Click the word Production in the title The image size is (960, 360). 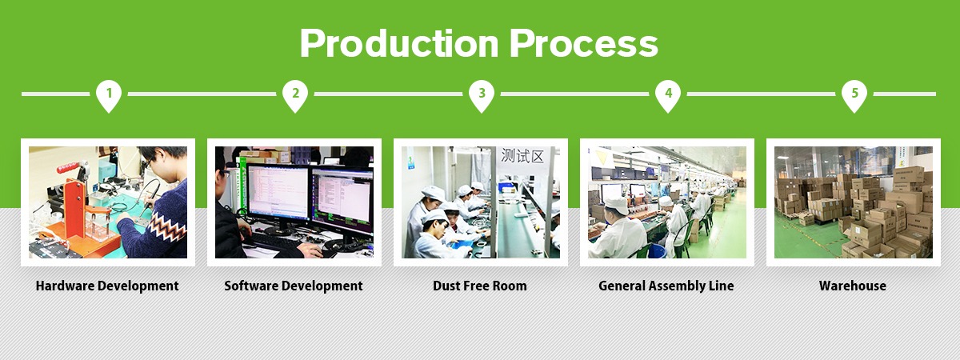[399, 43]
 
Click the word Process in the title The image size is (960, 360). [584, 43]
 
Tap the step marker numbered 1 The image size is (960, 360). [109, 96]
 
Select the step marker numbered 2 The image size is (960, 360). [295, 96]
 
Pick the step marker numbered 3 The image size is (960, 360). [482, 96]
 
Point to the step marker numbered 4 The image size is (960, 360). [668, 96]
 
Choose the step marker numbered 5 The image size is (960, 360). [854, 96]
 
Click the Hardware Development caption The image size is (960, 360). [107, 286]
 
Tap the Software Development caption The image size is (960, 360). [294, 286]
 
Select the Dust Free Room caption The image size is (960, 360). [480, 286]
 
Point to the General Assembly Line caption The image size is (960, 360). [666, 286]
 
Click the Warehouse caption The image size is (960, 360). [853, 286]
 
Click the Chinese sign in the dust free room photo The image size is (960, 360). [522, 155]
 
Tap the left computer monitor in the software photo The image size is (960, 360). [278, 193]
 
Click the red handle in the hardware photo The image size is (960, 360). [70, 167]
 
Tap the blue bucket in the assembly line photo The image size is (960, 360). [657, 250]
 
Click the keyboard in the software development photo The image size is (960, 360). [274, 242]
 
